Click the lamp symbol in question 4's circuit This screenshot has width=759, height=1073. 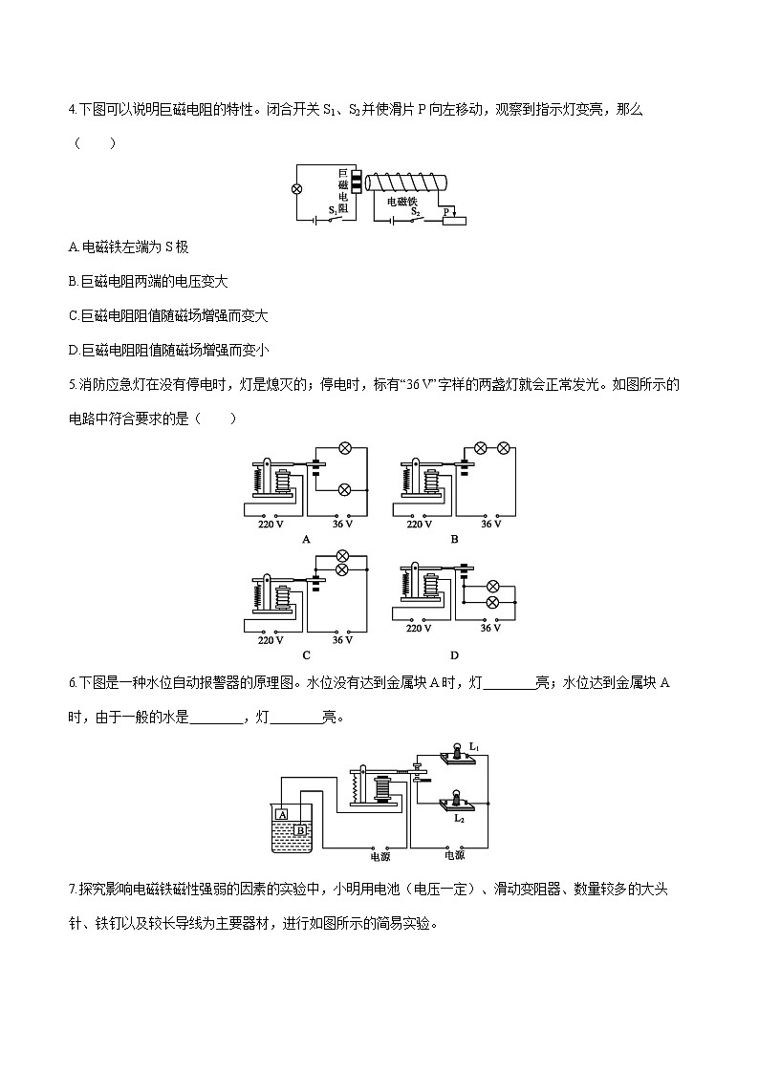pyautogui.click(x=296, y=189)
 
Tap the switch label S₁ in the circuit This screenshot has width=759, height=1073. pyautogui.click(x=333, y=208)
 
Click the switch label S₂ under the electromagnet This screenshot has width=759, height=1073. pyautogui.click(x=416, y=211)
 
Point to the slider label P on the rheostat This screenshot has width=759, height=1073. pyautogui.click(x=445, y=211)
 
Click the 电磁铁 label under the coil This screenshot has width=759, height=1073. pyautogui.click(x=401, y=202)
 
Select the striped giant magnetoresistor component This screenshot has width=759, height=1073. pyautogui.click(x=356, y=184)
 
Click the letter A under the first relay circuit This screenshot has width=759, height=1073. pyautogui.click(x=306, y=539)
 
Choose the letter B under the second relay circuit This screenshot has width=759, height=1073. pyautogui.click(x=454, y=539)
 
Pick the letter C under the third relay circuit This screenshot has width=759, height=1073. pyautogui.click(x=306, y=655)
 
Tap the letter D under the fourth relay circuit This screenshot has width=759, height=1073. pyautogui.click(x=454, y=655)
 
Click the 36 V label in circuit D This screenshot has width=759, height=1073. pyautogui.click(x=490, y=628)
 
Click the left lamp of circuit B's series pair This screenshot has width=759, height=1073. pyautogui.click(x=482, y=447)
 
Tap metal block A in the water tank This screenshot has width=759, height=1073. pyautogui.click(x=281, y=814)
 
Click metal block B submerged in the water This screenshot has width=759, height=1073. pyautogui.click(x=300, y=830)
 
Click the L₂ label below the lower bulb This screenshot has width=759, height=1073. pyautogui.click(x=459, y=819)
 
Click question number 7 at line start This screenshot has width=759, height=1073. pyautogui.click(x=73, y=891)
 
